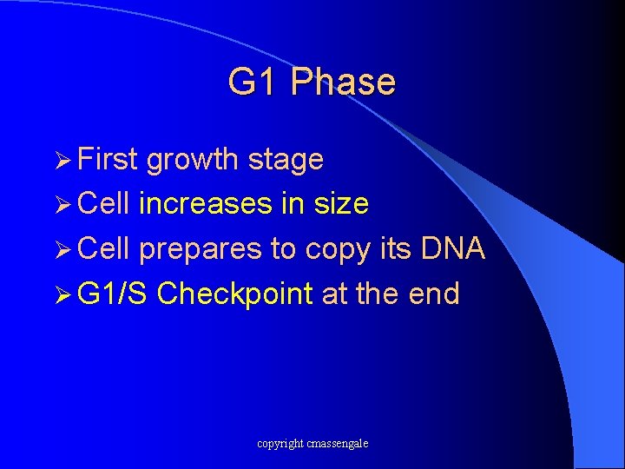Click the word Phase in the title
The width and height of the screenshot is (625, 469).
pos(343,82)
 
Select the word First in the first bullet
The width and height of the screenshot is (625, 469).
pos(108,160)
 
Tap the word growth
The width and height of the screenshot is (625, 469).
pos(192,160)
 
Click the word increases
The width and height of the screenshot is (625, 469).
pos(205,204)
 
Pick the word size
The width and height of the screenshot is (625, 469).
pos(339,204)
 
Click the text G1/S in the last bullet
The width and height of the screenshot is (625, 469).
pos(113,294)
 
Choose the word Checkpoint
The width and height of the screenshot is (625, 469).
pos(234,294)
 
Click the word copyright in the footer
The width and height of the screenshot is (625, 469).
pos(280,444)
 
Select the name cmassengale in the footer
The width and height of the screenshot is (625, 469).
pos(337,444)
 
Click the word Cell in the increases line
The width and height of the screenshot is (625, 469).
pos(103,204)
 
